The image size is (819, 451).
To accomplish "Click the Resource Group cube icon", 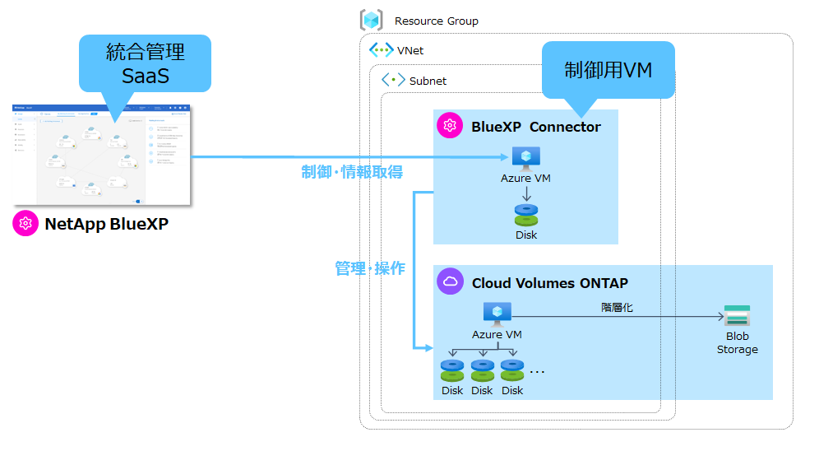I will point(372,21).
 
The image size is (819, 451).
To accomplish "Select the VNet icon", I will point(381,50).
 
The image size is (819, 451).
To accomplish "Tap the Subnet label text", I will point(428,81).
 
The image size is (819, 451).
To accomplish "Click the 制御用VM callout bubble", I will point(608,71).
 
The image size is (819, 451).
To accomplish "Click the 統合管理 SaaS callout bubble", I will point(145,63).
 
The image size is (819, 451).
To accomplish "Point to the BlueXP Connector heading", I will point(535,127).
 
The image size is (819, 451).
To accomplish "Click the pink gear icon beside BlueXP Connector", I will point(450,126).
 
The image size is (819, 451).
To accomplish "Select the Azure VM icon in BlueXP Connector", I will point(525,157).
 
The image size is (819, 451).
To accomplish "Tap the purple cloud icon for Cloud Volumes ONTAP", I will point(450,282).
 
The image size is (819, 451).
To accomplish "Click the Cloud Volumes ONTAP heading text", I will point(549,283).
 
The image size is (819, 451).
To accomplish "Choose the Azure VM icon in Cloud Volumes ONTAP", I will point(497,314).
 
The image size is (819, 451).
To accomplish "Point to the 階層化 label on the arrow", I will point(617,307).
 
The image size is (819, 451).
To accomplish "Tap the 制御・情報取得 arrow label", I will point(352,171).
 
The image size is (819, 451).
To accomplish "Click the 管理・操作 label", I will point(370,268).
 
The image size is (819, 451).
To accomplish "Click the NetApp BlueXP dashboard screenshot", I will point(102,154).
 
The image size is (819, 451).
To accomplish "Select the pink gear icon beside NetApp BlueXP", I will point(25,224).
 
